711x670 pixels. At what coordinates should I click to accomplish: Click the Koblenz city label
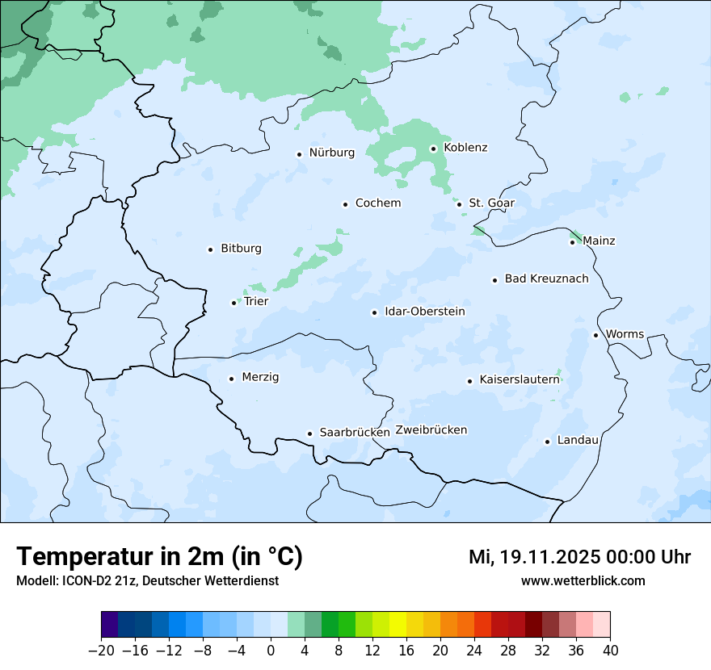pyautogui.click(x=465, y=148)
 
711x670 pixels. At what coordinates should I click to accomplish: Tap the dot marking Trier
pyautogui.click(x=233, y=303)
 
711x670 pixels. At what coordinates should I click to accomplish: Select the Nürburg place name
pyautogui.click(x=331, y=153)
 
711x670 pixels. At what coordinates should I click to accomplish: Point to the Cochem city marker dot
pyautogui.click(x=345, y=204)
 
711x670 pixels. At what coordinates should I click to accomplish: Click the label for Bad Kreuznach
pyautogui.click(x=546, y=278)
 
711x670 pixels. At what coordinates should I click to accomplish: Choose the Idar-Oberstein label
pyautogui.click(x=424, y=312)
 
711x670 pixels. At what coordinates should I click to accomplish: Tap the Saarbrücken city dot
pyautogui.click(x=309, y=433)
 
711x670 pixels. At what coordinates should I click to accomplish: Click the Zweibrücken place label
pyautogui.click(x=431, y=430)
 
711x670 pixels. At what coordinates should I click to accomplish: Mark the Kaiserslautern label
pyautogui.click(x=520, y=379)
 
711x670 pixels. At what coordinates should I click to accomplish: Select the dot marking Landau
pyautogui.click(x=547, y=442)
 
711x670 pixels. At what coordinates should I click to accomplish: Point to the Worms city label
pyautogui.click(x=625, y=334)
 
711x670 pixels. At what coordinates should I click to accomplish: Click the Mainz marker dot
pyautogui.click(x=572, y=242)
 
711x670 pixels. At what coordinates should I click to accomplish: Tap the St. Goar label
pyautogui.click(x=491, y=203)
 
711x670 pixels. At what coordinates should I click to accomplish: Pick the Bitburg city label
pyautogui.click(x=241, y=249)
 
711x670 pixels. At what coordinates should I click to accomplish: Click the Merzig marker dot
pyautogui.click(x=231, y=379)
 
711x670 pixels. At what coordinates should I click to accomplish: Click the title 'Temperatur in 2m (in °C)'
pyautogui.click(x=159, y=557)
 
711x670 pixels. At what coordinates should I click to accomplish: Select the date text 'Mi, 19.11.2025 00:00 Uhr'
pyautogui.click(x=579, y=557)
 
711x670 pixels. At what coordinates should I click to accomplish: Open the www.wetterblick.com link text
pyautogui.click(x=583, y=581)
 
